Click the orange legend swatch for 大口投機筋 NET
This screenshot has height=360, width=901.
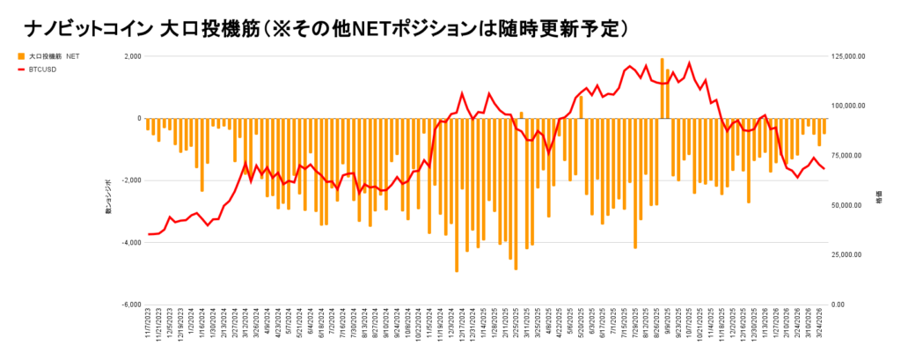tap(21, 55)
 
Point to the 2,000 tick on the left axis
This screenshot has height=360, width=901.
tap(133, 56)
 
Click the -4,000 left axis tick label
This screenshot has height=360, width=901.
tap(131, 242)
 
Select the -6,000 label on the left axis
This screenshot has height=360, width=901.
tap(131, 305)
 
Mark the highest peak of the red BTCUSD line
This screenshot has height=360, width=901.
tap(689, 62)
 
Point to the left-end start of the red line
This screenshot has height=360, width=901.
tap(148, 234)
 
